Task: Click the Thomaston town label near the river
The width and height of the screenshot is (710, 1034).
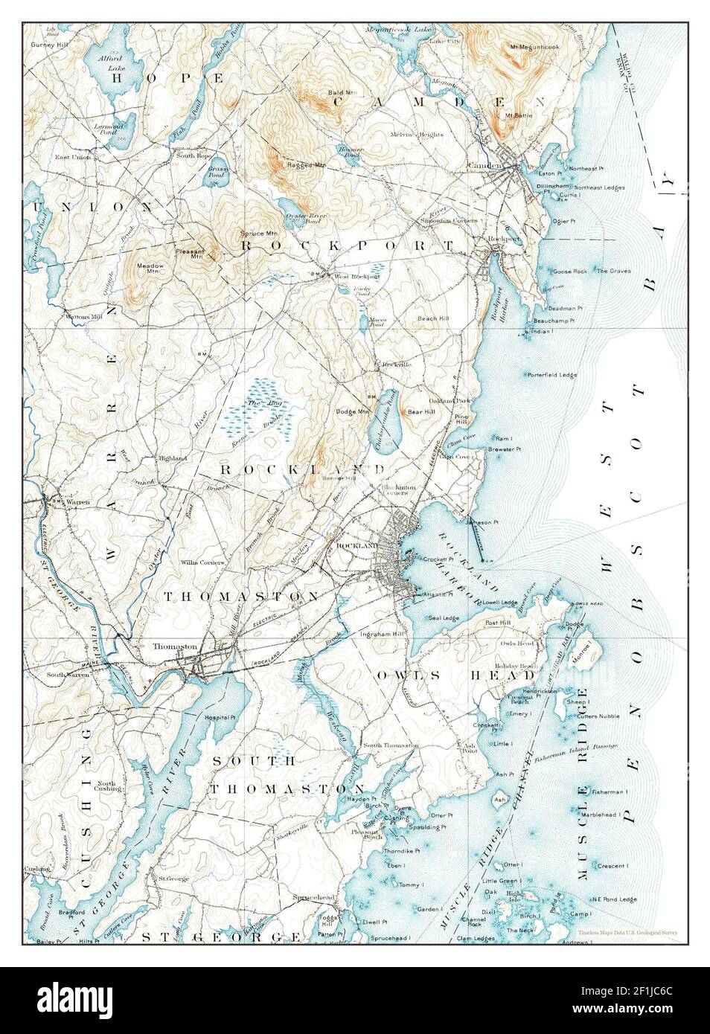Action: pos(174,646)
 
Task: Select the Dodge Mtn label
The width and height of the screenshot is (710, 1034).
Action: pos(352,411)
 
